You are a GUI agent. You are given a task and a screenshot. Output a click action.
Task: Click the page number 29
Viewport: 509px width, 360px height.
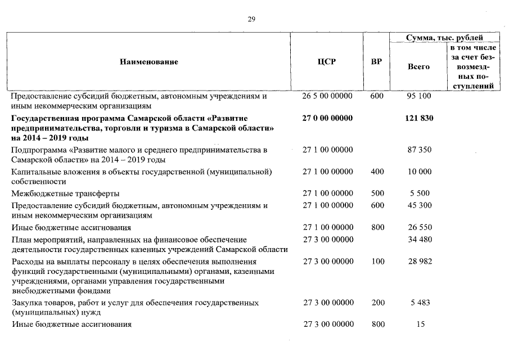[x=251, y=19]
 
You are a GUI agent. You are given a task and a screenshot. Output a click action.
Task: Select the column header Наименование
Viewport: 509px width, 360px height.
[x=148, y=62]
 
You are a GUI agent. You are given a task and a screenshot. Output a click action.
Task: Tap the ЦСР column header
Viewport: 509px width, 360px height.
[x=327, y=62]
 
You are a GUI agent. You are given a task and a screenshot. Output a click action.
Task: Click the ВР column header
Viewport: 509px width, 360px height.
[x=377, y=62]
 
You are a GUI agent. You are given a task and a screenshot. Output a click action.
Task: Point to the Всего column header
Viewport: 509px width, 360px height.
[x=418, y=66]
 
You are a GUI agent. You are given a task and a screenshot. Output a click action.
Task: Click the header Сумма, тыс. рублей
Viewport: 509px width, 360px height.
[x=444, y=38]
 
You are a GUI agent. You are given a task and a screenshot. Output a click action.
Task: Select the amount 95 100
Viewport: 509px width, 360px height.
[x=419, y=96]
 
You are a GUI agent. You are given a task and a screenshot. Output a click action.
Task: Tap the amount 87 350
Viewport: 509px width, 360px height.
[x=419, y=150]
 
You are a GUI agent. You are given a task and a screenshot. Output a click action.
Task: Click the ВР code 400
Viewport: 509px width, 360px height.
[x=377, y=172]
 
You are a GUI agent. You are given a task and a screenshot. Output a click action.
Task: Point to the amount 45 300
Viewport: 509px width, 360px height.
[x=419, y=205]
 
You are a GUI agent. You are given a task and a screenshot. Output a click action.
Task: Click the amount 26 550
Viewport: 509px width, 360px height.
[x=419, y=227]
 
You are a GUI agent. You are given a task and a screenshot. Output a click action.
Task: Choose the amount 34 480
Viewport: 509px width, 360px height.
[x=419, y=240]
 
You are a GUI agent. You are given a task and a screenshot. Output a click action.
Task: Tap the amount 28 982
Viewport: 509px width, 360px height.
[x=419, y=262]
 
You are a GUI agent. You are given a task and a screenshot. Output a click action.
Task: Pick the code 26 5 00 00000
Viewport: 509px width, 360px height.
[x=327, y=96]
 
